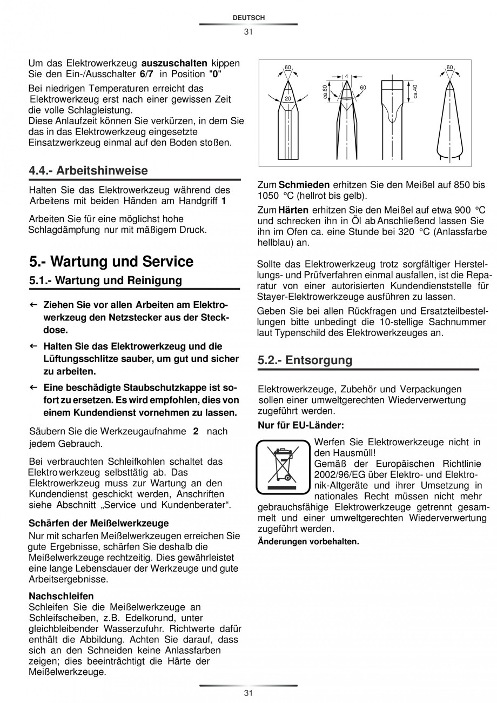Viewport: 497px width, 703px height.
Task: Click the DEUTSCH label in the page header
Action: coord(249,18)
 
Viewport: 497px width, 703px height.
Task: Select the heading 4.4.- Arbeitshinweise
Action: coord(88,171)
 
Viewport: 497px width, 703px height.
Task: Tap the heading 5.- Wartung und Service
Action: coord(111,262)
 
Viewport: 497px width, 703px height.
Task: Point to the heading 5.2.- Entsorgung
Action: coord(305,360)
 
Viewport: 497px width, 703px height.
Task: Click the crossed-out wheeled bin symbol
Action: coord(283,466)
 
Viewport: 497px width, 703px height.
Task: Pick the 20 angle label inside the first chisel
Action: coord(288,99)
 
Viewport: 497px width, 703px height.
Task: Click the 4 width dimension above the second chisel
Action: coord(346,76)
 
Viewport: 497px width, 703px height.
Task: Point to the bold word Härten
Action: coord(294,210)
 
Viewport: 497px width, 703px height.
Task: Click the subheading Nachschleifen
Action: coord(61,596)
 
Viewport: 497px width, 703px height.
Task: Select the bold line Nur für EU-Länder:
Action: coord(301,425)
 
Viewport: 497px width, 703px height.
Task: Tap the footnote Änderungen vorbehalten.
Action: coord(308,541)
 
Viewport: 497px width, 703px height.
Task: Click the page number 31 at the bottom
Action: coord(248,693)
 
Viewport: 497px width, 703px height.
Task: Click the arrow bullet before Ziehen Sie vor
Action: coord(33,305)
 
